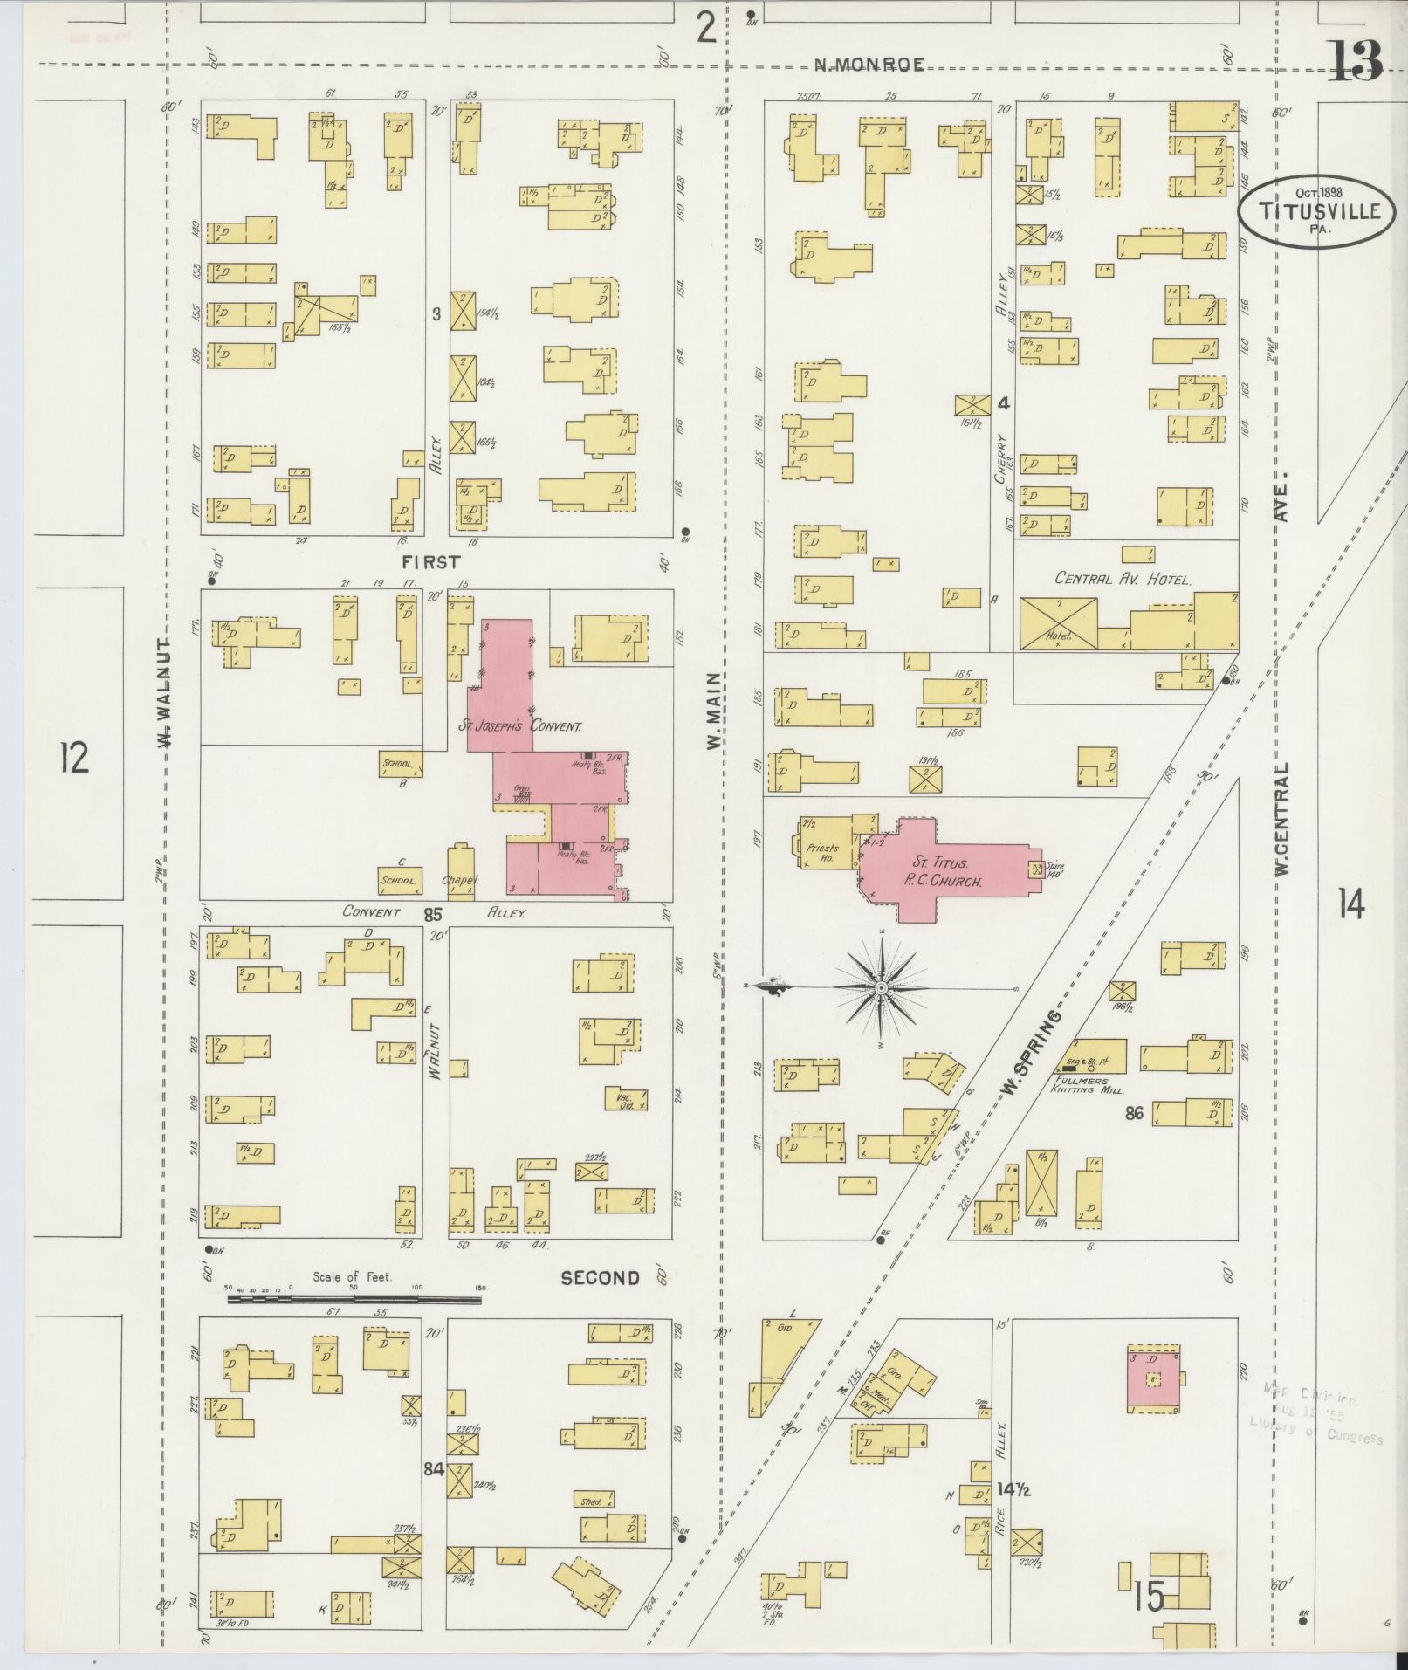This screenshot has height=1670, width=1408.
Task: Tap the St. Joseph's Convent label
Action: coord(521,725)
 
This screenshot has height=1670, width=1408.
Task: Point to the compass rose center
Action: coord(882,987)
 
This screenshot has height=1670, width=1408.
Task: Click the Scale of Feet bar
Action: coord(354,1299)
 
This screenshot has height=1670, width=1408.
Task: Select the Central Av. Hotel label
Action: coord(1123,578)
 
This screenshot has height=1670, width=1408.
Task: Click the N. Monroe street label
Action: coord(869,64)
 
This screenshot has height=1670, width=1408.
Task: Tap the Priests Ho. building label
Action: coord(821,852)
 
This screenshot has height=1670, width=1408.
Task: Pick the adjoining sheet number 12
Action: coord(74,757)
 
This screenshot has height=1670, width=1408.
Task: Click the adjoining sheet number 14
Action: coord(1350,907)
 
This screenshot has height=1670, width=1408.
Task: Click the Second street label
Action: coord(600,1278)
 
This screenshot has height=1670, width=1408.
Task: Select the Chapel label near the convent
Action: coord(460,882)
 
